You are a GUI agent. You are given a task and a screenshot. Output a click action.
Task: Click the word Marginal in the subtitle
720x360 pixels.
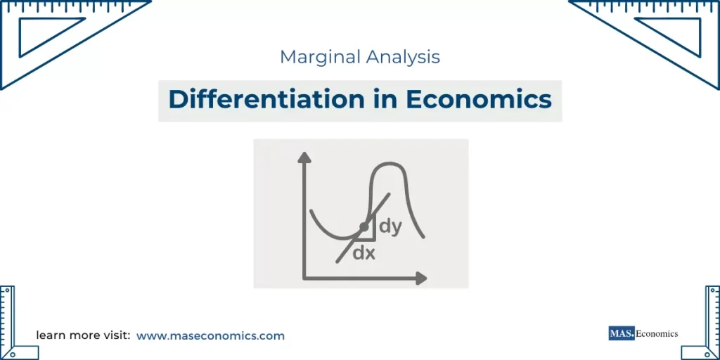(x=317, y=57)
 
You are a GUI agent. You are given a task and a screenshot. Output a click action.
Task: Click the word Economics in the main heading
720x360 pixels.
(x=479, y=99)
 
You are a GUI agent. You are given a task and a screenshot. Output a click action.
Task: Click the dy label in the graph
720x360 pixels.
(x=390, y=226)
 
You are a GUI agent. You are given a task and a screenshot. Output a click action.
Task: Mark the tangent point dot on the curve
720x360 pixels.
(x=364, y=227)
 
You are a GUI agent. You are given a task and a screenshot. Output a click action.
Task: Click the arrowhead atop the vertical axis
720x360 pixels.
(x=304, y=157)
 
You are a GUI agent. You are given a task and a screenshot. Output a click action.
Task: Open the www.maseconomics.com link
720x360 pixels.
(x=210, y=336)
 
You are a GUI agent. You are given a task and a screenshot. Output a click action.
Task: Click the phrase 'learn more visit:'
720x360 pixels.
(x=83, y=336)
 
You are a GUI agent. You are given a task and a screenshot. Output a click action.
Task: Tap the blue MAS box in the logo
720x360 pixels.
(x=621, y=333)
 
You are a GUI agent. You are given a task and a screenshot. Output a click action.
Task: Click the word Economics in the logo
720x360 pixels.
(x=657, y=333)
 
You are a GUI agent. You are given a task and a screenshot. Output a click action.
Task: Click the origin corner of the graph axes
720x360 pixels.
(x=304, y=278)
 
